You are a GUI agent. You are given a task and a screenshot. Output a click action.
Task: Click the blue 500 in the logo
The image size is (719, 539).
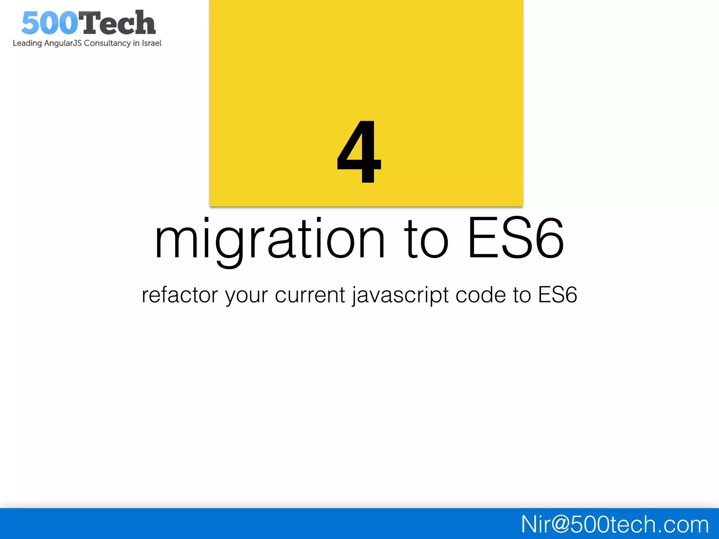click(x=50, y=23)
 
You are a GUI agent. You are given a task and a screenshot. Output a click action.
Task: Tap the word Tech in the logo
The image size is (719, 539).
click(x=117, y=23)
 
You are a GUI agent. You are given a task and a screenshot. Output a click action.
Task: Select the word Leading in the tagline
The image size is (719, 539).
click(x=27, y=43)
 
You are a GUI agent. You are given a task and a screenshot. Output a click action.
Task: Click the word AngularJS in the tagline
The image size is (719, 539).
click(x=63, y=43)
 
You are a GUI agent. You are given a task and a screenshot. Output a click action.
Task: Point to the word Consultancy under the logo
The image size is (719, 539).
click(x=107, y=43)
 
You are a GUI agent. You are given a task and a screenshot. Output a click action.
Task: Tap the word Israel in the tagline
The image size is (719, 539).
click(x=152, y=43)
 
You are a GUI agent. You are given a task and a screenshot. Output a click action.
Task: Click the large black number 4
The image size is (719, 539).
click(x=359, y=152)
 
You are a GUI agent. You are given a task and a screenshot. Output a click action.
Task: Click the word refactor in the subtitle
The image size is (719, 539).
click(x=180, y=295)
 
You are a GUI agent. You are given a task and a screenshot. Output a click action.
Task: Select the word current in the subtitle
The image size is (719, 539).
click(x=310, y=295)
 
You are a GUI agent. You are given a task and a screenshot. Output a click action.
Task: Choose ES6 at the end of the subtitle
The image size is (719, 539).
click(x=558, y=295)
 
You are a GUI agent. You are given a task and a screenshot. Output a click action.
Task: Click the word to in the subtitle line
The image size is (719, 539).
click(x=522, y=295)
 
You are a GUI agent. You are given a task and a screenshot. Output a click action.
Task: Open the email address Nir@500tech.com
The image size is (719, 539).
click(x=615, y=524)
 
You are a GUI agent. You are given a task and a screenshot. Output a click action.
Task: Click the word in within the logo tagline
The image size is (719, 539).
click(x=136, y=43)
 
